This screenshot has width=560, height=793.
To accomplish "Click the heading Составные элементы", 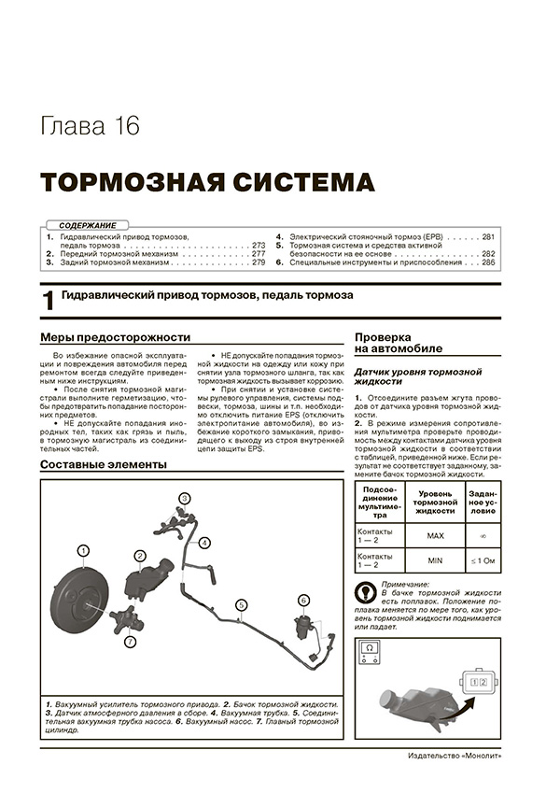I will (x=104, y=464).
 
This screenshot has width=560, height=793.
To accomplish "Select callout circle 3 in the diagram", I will (x=185, y=498).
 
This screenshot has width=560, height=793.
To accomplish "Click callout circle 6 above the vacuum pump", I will (x=303, y=600).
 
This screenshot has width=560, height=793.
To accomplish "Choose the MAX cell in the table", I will (x=435, y=536).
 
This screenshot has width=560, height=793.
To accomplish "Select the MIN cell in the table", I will (x=435, y=560).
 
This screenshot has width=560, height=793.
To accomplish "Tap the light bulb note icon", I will (x=364, y=592).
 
